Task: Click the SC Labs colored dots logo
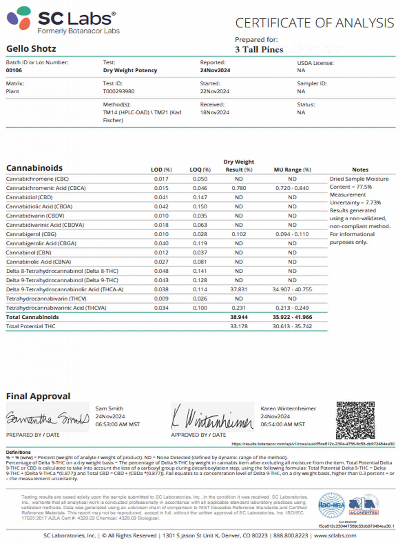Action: click(x=19, y=18)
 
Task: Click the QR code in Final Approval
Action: click(x=355, y=420)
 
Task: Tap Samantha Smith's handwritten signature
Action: click(x=47, y=418)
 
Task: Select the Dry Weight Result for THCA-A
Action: click(x=239, y=289)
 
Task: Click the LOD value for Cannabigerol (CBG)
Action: click(x=161, y=234)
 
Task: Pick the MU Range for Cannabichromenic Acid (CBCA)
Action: click(x=292, y=188)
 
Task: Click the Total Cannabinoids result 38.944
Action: click(x=239, y=317)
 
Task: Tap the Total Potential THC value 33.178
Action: click(x=239, y=326)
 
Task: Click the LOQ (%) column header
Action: click(x=200, y=170)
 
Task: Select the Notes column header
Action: click(x=360, y=170)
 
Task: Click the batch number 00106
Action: click(x=14, y=70)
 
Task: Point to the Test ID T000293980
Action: click(x=119, y=91)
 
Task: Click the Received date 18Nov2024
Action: click(x=215, y=113)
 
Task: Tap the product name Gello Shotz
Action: click(x=31, y=49)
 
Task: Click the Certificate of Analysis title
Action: click(x=315, y=23)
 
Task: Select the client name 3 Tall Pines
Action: click(x=259, y=49)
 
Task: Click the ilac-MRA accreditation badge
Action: click(x=331, y=505)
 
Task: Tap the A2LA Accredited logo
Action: click(x=364, y=505)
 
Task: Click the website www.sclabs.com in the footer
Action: click(x=335, y=536)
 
